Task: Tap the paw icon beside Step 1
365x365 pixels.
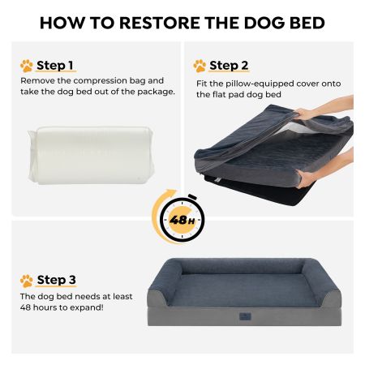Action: point(26,66)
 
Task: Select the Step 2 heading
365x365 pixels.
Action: point(229,66)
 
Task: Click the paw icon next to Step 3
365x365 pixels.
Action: point(26,281)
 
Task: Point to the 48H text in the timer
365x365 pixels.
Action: point(182,220)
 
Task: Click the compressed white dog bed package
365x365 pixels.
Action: point(91,155)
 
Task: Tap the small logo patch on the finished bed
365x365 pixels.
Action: point(245,316)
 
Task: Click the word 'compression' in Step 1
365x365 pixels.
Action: point(100,81)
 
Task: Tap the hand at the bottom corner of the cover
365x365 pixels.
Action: point(306,178)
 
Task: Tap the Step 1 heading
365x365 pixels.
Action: point(55,66)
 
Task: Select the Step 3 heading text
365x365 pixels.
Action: point(56,280)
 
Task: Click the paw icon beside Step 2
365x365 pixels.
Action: point(200,66)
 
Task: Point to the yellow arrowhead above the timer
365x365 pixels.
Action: point(171,193)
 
